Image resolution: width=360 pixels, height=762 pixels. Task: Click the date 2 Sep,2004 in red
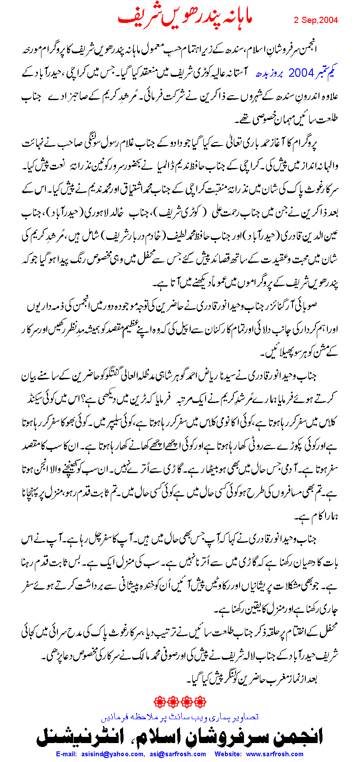[x=316, y=20]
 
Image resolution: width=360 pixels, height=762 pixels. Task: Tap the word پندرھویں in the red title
[x=181, y=18]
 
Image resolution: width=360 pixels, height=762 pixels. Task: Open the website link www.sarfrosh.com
[x=274, y=754]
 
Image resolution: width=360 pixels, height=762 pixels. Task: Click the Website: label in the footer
[x=229, y=754]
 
